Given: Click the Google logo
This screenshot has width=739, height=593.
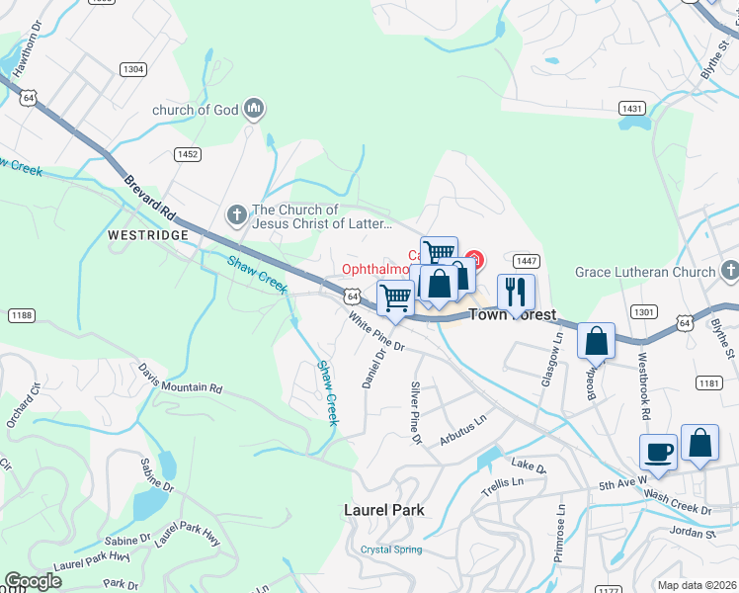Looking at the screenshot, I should tap(33, 581).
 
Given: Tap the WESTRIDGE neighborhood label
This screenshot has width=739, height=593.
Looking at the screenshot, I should tap(146, 237).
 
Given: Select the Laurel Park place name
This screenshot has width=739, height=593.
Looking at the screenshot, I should tap(383, 510).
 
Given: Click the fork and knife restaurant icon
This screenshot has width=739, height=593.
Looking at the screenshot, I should tap(516, 291).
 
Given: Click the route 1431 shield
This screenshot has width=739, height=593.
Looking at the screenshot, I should tap(632, 107).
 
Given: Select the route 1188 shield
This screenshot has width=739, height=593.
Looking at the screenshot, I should tap(21, 314).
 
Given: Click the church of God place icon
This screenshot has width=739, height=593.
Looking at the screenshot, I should tap(254, 109).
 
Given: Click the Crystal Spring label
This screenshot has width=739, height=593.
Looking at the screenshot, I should tap(391, 550).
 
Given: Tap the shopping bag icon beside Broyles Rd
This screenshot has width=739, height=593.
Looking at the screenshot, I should tap(597, 342).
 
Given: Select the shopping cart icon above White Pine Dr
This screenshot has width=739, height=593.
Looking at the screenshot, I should tap(395, 296).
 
